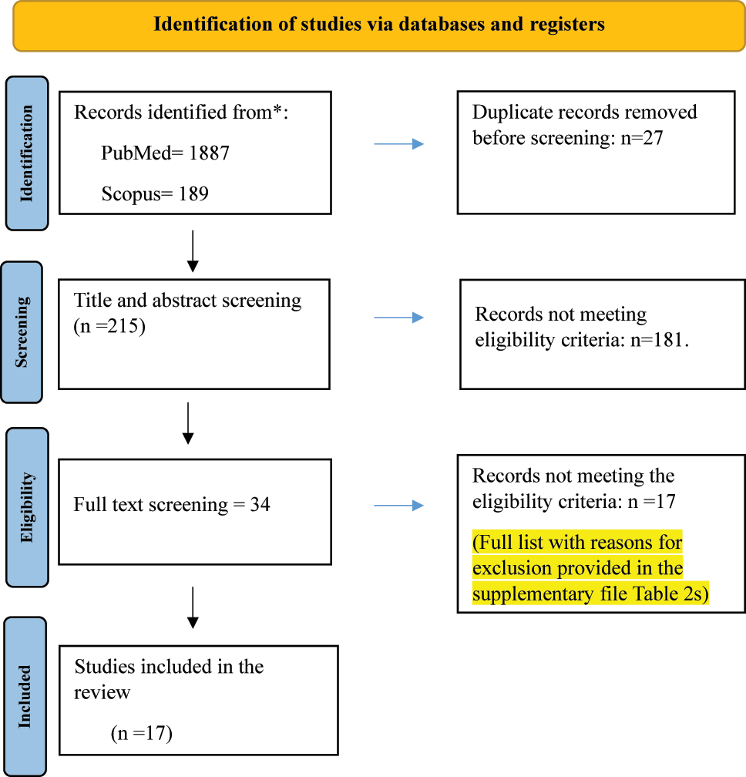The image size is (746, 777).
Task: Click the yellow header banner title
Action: (x=379, y=24)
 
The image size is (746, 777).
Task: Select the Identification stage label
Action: (x=27, y=153)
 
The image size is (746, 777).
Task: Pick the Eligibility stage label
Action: (x=27, y=507)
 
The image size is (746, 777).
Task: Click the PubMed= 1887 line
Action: (x=165, y=153)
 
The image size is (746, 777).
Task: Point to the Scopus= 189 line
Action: (x=154, y=193)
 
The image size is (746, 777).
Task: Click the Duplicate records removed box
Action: (x=595, y=152)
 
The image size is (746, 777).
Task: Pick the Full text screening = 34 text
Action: (x=172, y=505)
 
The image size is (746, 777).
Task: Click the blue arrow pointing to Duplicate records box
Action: (x=398, y=144)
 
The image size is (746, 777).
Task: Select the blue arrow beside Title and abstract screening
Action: (x=398, y=318)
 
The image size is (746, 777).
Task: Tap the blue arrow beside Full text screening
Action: (x=398, y=506)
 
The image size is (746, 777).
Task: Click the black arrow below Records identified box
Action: (x=193, y=251)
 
